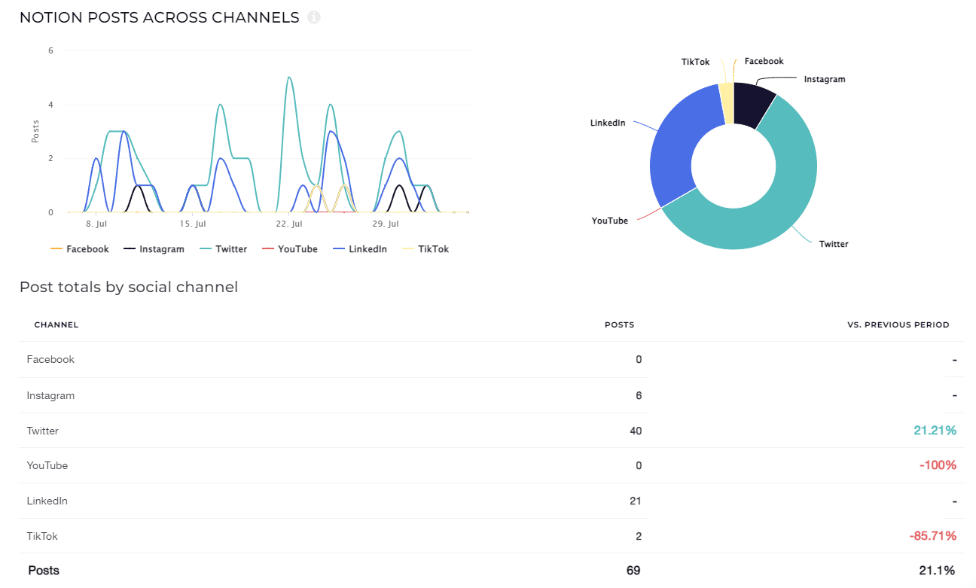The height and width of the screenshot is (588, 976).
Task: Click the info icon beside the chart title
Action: [x=314, y=17]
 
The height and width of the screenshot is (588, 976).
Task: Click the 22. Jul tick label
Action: [x=289, y=224]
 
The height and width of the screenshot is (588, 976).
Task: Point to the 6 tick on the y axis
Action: [x=50, y=51]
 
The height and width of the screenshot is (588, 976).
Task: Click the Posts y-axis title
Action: [x=35, y=132]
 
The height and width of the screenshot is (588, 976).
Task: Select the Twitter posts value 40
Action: [x=635, y=431]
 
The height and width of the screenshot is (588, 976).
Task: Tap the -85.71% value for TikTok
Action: [x=932, y=536]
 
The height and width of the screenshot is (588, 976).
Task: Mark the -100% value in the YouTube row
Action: [x=938, y=465]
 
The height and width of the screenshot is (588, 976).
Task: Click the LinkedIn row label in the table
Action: [x=47, y=501]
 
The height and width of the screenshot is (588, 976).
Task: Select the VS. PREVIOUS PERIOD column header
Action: [x=898, y=325]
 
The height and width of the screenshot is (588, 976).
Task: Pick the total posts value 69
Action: [x=633, y=571]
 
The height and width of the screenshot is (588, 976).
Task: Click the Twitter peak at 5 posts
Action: [x=288, y=77]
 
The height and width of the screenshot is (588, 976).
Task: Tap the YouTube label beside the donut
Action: [x=609, y=221]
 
